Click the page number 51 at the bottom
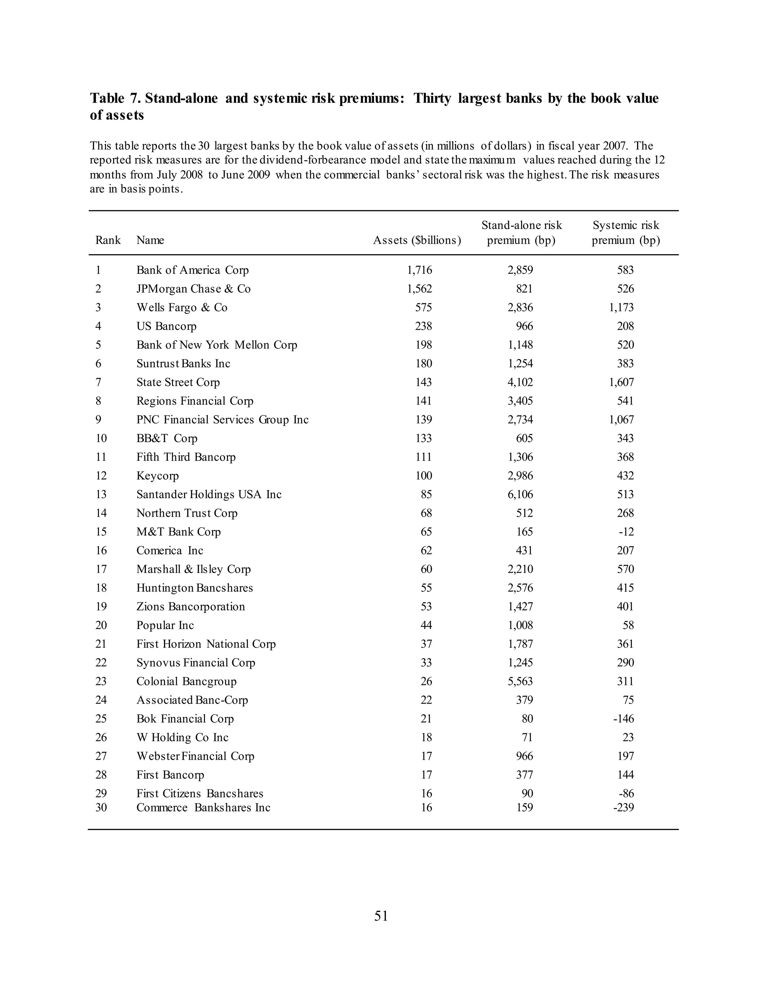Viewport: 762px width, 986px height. [381, 916]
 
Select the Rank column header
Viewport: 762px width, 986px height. [108, 240]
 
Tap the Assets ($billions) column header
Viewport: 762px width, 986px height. [417, 240]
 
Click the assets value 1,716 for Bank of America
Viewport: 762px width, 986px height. [419, 270]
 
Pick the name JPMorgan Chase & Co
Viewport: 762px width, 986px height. [193, 289]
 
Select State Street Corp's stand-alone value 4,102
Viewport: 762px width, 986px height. [520, 382]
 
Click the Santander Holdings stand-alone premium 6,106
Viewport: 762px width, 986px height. [520, 494]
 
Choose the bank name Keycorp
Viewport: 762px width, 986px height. [157, 476]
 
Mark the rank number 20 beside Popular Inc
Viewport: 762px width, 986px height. [101, 625]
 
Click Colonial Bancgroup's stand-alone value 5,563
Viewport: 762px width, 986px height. [520, 681]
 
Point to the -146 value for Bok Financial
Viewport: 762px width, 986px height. [624, 719]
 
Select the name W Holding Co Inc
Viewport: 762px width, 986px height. [182, 737]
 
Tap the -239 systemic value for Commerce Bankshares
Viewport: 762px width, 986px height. [624, 807]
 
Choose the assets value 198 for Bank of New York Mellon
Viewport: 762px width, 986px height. [423, 345]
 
